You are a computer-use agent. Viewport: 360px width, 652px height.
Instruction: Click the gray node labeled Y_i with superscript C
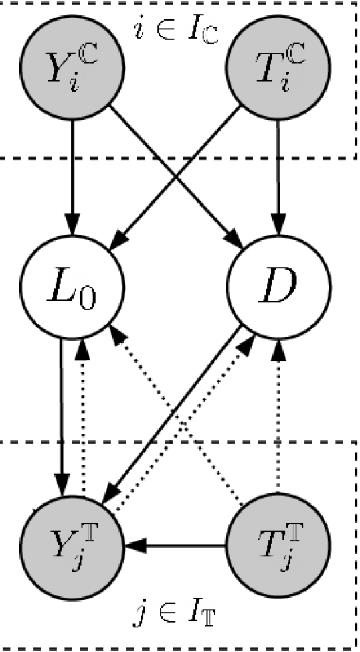tap(72, 68)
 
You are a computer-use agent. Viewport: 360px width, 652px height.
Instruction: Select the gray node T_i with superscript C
tap(278, 68)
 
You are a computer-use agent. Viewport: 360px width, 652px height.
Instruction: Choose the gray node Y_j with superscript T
tap(72, 546)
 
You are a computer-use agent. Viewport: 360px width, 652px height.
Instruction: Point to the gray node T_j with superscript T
tap(278, 546)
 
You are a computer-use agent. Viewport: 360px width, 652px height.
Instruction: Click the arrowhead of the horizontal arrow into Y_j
tap(134, 546)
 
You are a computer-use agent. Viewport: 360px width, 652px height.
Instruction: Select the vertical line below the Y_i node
tap(72, 139)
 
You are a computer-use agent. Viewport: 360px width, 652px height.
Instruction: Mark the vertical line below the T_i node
tap(278, 139)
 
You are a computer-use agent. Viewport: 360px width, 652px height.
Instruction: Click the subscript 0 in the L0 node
tap(92, 299)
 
